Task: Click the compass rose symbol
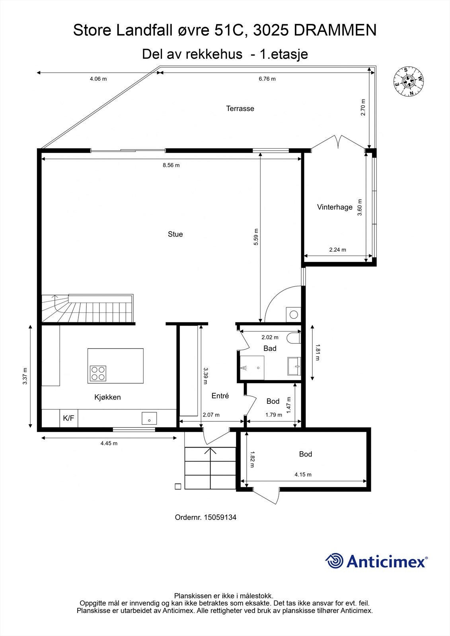409,81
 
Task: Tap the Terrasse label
240,109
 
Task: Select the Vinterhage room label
335,207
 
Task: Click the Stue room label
175,234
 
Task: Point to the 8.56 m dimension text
171,165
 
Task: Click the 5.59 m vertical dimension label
256,237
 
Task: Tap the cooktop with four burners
98,373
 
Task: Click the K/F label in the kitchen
68,418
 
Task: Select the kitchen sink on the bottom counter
149,419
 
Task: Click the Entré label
220,396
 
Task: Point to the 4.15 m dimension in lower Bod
303,474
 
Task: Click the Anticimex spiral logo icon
334,561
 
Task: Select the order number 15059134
220,517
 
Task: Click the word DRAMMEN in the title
335,31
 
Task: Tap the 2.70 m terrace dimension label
363,107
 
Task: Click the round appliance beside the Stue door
294,314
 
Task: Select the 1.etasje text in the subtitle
283,54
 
